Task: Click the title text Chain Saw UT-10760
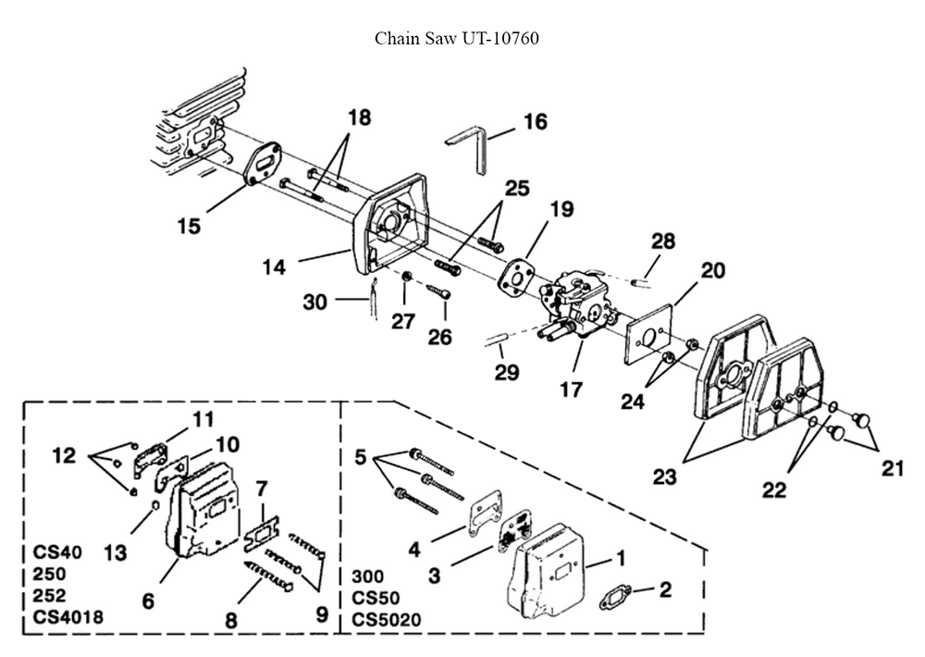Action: [457, 38]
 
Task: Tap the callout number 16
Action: [535, 121]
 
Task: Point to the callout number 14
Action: [274, 267]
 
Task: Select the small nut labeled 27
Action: [406, 277]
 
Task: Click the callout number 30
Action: [315, 303]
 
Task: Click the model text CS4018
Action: [68, 617]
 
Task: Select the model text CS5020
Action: [387, 620]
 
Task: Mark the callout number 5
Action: [361, 457]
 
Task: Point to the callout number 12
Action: [65, 455]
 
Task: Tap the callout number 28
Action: [663, 241]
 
